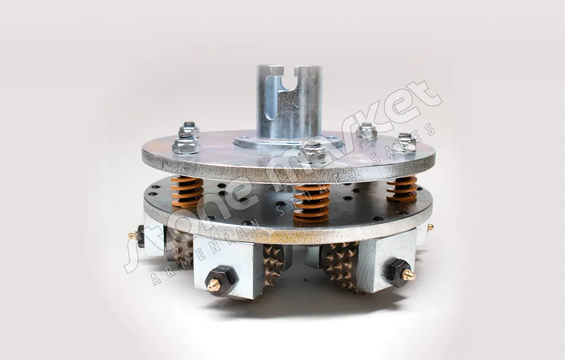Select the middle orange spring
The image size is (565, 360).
tap(312, 203)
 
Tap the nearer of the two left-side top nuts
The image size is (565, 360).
tap(186, 144)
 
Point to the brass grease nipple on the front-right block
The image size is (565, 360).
tap(408, 275)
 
